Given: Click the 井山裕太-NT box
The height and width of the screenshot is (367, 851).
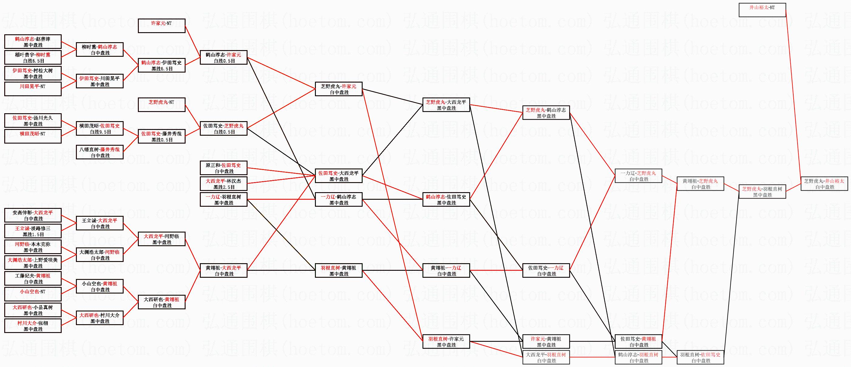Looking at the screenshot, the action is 762,10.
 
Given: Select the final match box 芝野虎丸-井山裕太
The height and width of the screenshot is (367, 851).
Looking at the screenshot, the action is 824,184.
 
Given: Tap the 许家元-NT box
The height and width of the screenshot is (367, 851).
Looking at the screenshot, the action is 161,26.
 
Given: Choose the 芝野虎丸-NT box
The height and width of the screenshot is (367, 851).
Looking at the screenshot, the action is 161,105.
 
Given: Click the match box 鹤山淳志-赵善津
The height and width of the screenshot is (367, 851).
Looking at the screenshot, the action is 33,42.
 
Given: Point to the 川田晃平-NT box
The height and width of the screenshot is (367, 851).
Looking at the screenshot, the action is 33,89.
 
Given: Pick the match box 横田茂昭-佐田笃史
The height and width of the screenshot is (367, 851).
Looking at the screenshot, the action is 99,128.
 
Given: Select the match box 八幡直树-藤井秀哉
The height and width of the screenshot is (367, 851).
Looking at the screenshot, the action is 99,152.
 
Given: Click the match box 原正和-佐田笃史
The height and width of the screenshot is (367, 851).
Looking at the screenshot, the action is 223,168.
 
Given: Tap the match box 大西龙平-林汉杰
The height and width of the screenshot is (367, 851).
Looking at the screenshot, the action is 223,184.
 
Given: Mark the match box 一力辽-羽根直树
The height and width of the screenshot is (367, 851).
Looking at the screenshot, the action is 223,199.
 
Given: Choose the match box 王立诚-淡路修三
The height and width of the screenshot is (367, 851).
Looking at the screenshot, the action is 33,231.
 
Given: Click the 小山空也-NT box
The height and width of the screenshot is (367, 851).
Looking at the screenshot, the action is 33,294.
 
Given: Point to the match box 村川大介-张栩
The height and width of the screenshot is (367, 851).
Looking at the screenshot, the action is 33,326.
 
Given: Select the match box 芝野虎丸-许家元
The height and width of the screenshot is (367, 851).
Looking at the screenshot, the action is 339,89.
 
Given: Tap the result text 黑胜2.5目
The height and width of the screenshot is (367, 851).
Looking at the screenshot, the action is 224,187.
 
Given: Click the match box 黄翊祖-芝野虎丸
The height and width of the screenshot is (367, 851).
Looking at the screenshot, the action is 700,184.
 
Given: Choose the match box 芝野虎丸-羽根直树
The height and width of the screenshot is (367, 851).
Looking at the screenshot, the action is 762,192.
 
